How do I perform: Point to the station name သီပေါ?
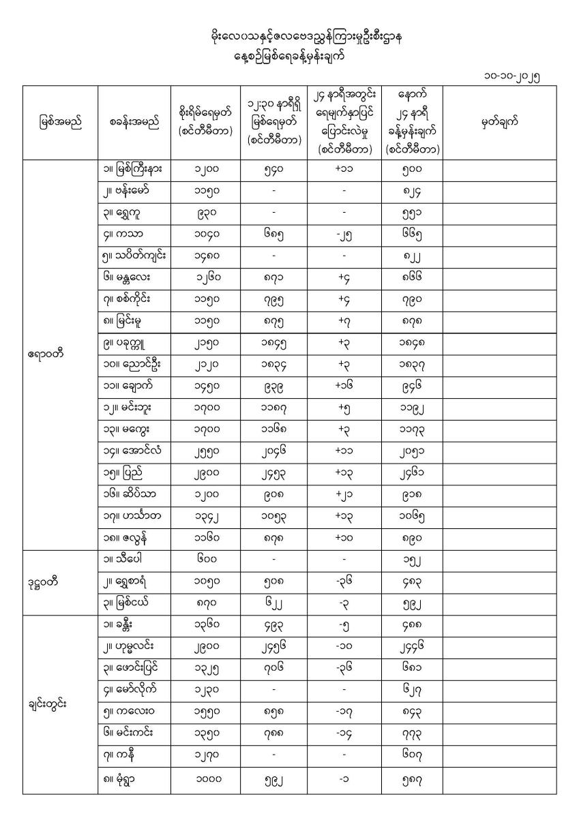click(x=123, y=560)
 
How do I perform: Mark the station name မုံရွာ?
click(x=123, y=779)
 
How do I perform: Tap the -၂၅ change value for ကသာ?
click(x=344, y=234)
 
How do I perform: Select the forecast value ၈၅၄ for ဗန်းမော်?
click(x=411, y=192)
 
